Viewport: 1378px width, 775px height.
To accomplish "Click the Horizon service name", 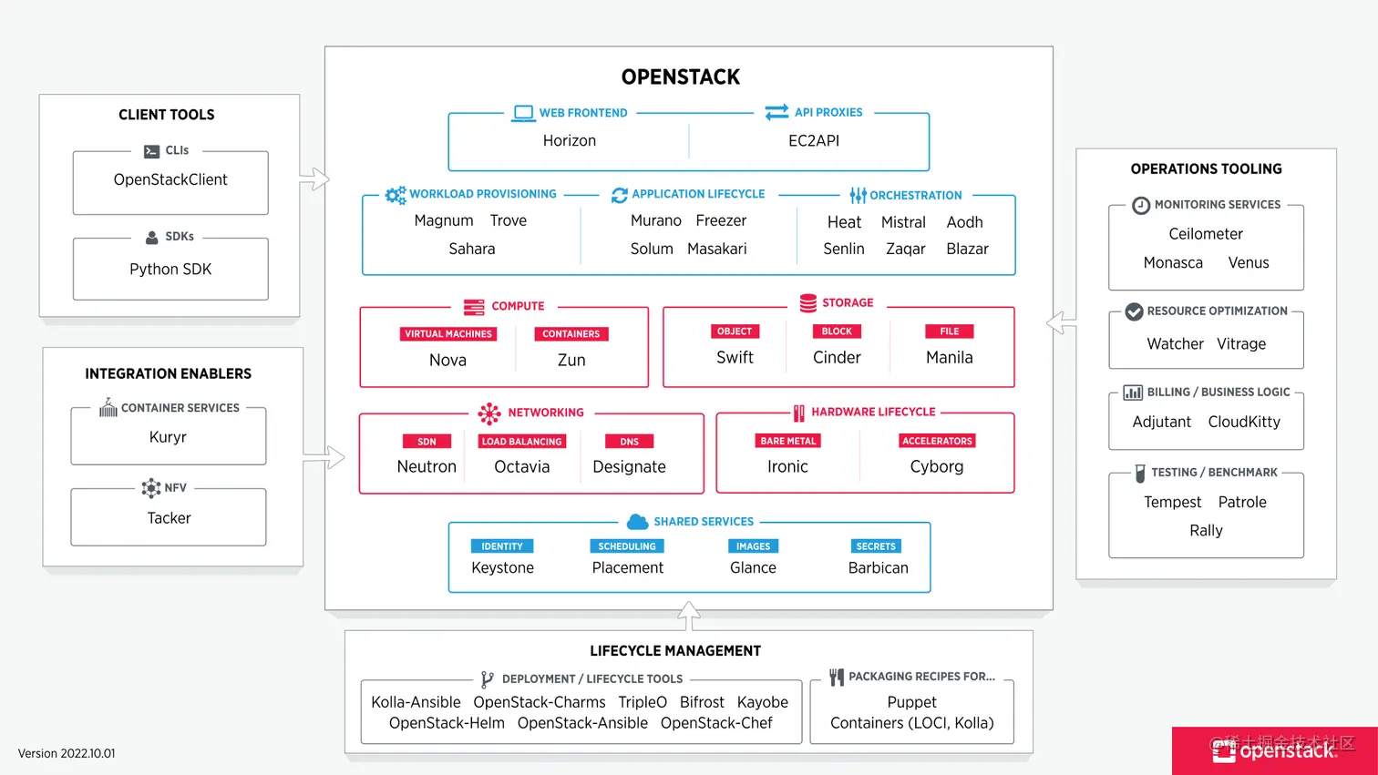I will pos(569,141).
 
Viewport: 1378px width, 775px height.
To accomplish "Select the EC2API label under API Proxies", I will pos(813,141).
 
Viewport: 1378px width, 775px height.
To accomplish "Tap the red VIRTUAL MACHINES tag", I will pos(447,334).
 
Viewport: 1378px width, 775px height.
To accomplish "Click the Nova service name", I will pos(447,361).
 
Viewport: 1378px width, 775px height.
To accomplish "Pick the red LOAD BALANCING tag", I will pos(521,442).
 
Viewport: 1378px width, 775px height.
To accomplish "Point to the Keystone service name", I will pos(502,568).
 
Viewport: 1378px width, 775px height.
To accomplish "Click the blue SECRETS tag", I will pos(875,546).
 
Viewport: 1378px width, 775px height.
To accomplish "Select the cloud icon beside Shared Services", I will pos(637,522).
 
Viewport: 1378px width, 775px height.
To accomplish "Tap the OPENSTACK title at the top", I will pos(680,77).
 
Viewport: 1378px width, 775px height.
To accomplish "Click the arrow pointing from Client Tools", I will pos(314,178).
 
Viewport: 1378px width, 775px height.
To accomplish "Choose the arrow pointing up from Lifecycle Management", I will pos(689,616).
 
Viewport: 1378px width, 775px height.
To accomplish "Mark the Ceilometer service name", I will pos(1205,234).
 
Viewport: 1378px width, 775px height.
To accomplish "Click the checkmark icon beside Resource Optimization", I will pos(1134,311).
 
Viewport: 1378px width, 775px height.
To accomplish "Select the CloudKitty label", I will pos(1243,422).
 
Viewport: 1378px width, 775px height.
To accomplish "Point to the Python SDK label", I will pos(170,270).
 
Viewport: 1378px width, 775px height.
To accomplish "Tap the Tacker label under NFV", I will pos(169,518).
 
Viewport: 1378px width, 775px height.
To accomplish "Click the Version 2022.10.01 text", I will pos(67,754).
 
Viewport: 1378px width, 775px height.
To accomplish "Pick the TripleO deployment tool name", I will pos(642,703).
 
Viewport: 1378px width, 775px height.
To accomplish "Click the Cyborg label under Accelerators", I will pos(936,467).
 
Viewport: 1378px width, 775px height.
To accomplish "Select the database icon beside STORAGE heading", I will pos(807,303).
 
